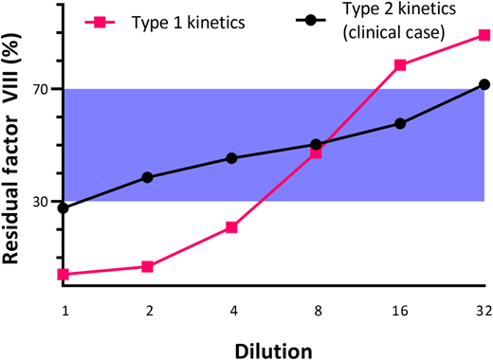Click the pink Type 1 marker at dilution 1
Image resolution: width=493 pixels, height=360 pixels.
click(64, 274)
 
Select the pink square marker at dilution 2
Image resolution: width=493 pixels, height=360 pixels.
click(148, 266)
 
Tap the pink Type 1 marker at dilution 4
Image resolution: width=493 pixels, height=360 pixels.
click(231, 227)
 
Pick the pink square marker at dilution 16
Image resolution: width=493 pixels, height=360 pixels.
click(400, 64)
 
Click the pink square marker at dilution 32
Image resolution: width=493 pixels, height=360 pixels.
click(484, 35)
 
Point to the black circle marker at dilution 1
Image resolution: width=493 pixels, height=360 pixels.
click(64, 207)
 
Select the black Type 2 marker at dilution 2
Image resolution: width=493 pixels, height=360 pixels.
click(148, 177)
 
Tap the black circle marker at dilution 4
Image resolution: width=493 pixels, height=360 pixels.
click(231, 158)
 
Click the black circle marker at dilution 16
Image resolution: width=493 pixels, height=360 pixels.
click(400, 123)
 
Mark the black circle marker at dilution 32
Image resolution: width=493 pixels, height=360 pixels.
click(484, 84)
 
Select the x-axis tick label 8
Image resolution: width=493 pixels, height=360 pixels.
click(316, 312)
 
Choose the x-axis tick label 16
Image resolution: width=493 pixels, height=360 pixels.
click(400, 312)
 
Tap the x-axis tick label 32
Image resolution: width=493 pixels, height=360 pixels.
click(483, 312)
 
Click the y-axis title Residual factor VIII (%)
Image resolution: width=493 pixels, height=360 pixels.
click(12, 156)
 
